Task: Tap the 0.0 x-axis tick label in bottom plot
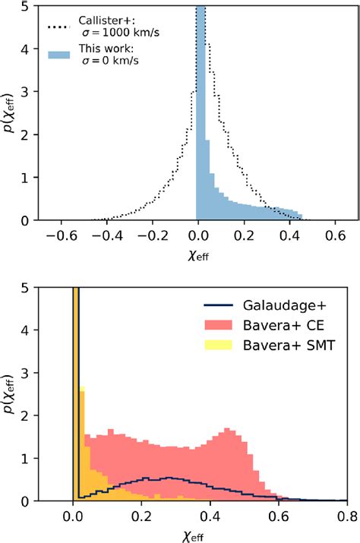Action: [x=74, y=517]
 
